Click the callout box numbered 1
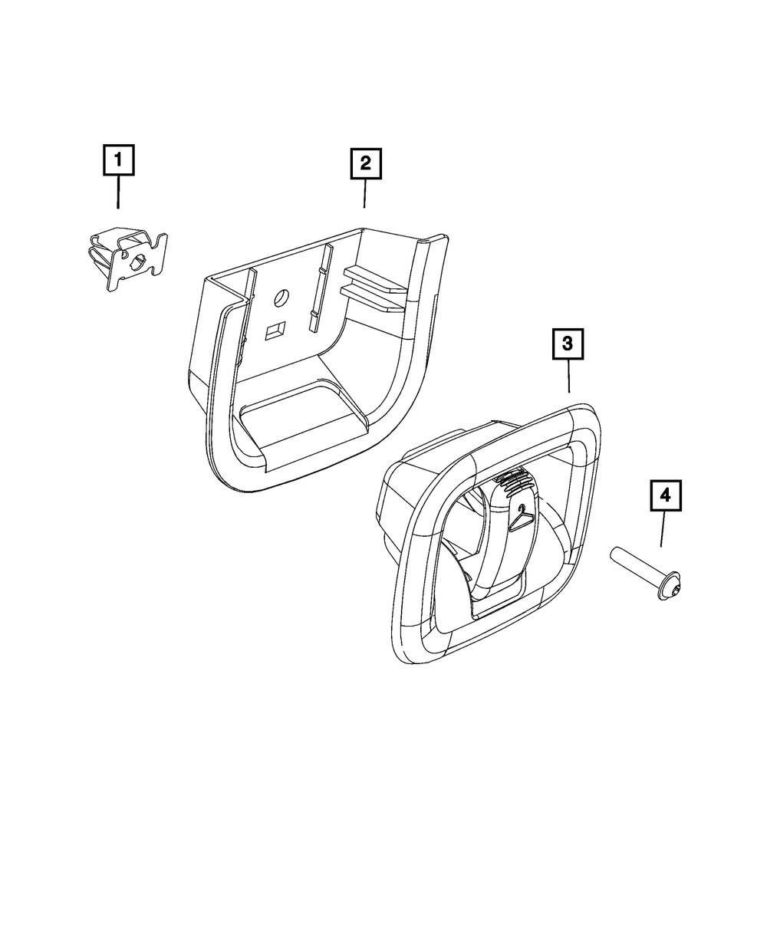[x=117, y=161]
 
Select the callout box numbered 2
[x=365, y=163]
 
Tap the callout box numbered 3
[x=568, y=345]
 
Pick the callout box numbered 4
[x=665, y=496]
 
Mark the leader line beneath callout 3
[x=568, y=377]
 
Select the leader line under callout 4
[x=663, y=529]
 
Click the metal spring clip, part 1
[x=127, y=258]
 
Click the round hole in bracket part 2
[x=281, y=296]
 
